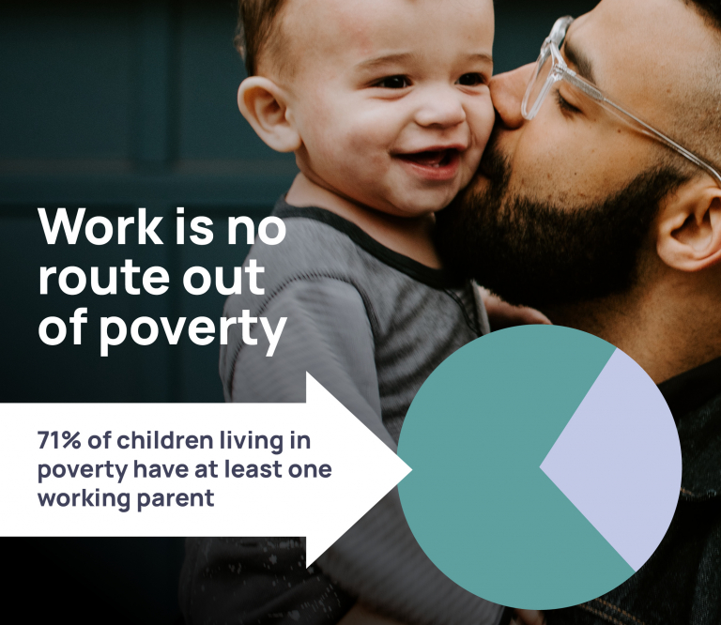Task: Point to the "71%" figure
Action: point(59,441)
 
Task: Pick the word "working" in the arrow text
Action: point(82,497)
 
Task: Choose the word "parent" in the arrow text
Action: point(176,498)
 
